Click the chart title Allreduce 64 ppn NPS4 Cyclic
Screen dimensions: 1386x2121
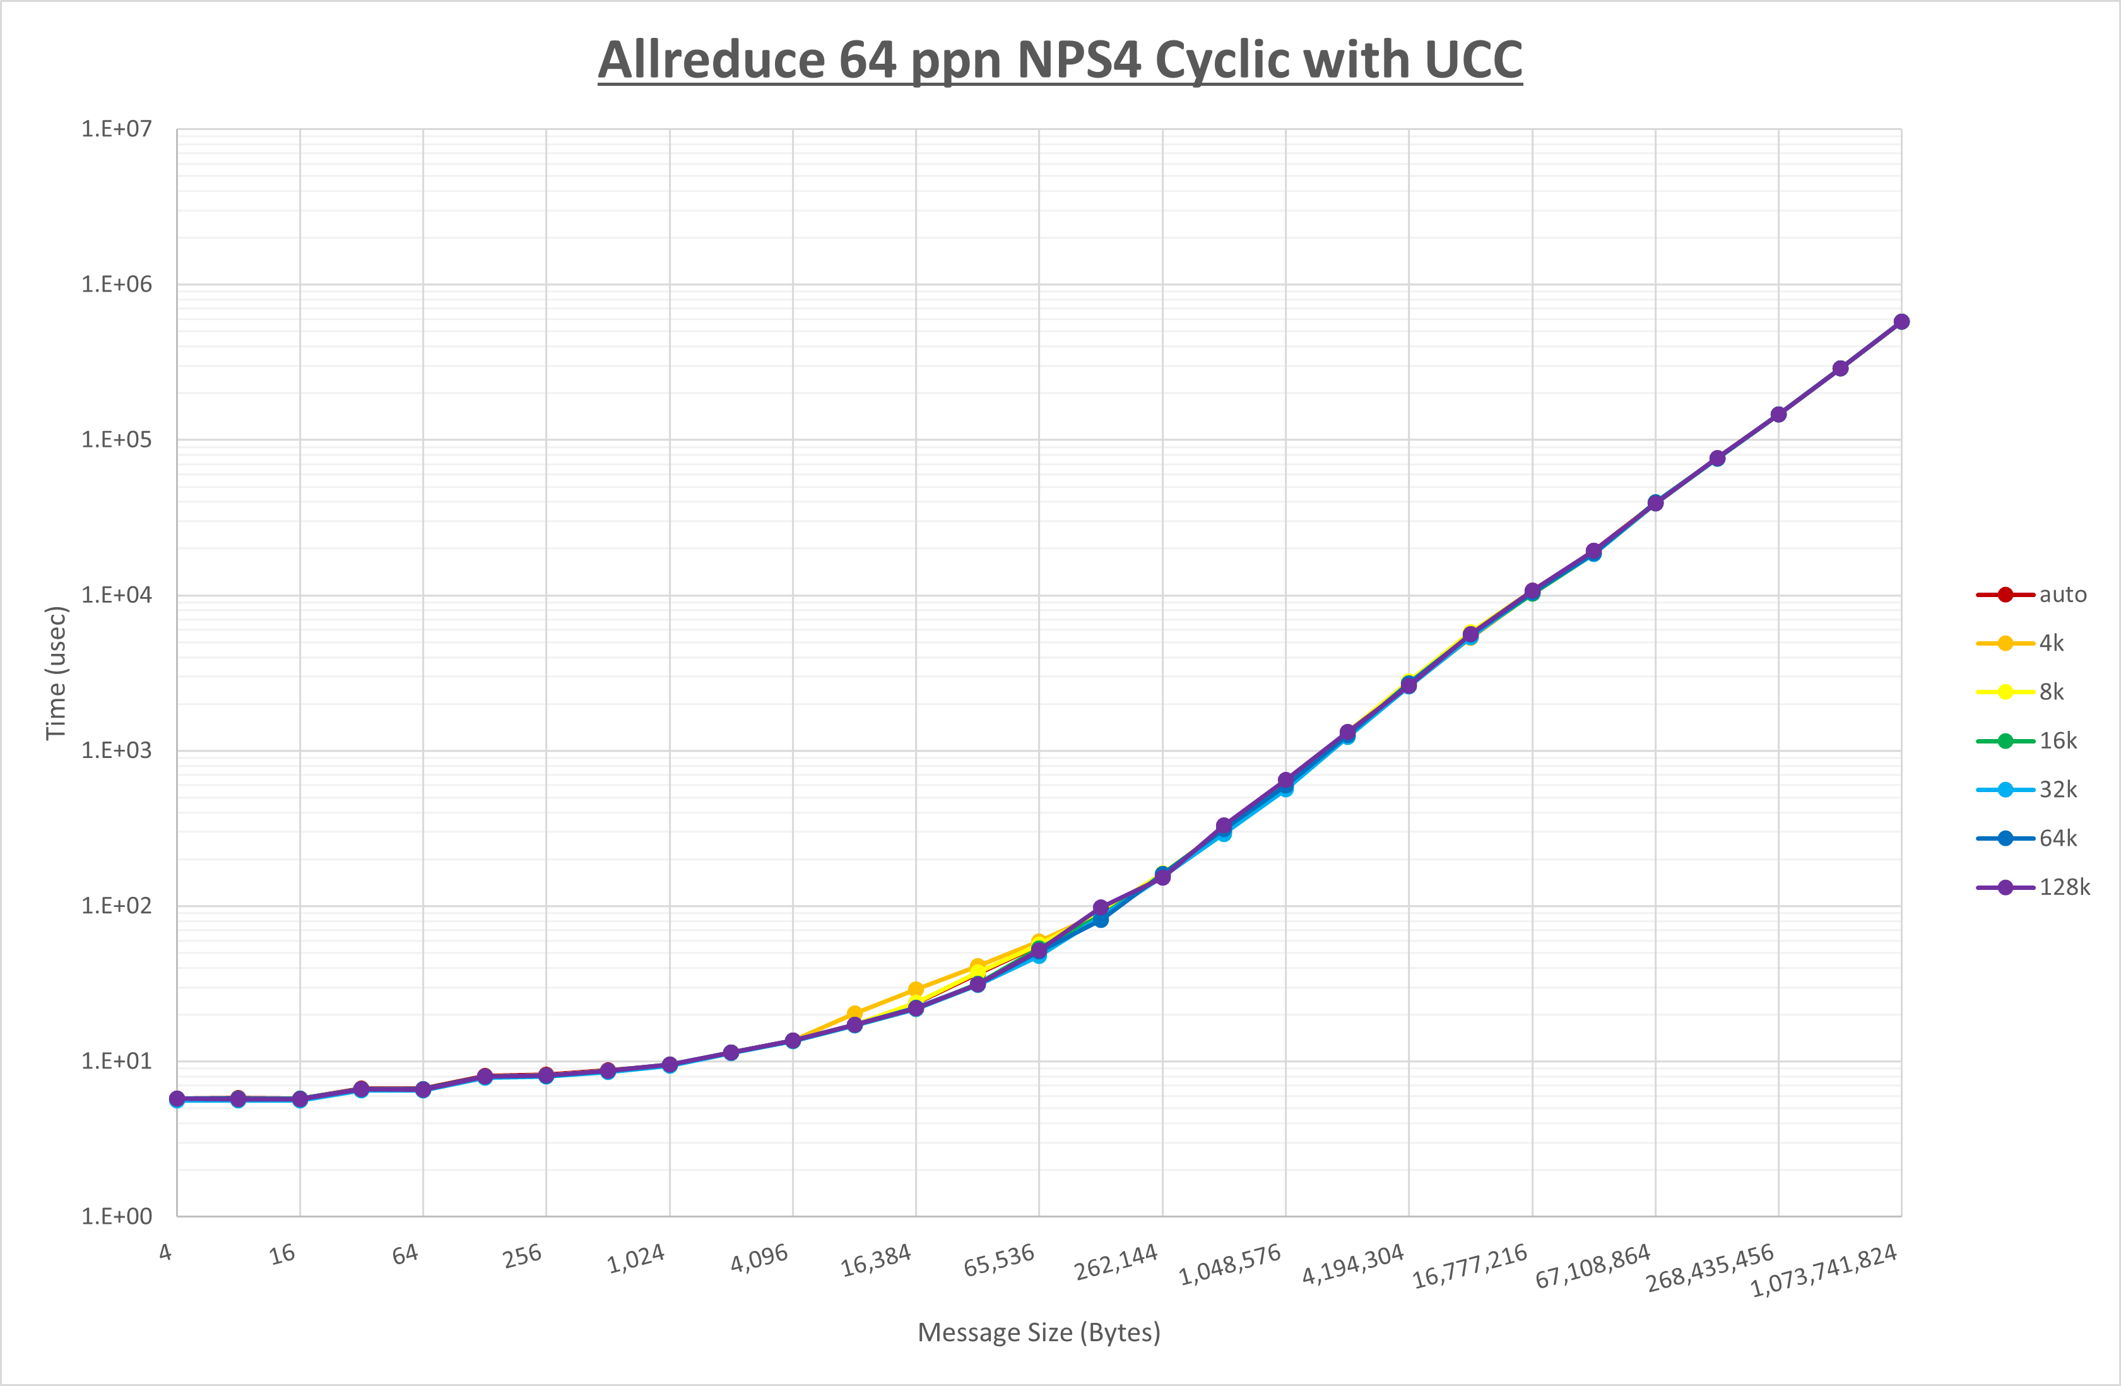tap(1060, 61)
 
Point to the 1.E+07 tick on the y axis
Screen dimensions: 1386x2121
tap(117, 129)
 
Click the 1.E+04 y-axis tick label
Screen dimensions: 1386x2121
tap(117, 595)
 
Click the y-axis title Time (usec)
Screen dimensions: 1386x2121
tap(56, 673)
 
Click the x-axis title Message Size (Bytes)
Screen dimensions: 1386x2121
tap(1038, 1332)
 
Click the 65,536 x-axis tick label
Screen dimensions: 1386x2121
tap(999, 1259)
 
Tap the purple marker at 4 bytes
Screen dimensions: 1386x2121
tap(177, 1099)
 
